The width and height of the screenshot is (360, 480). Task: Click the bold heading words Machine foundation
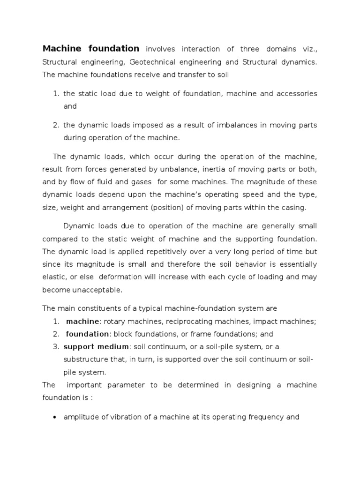click(91, 49)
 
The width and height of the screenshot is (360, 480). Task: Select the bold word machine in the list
click(82, 321)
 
